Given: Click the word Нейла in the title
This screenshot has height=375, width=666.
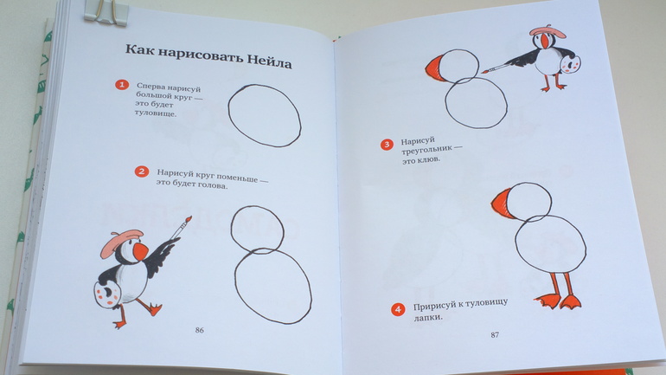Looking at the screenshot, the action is (x=270, y=61).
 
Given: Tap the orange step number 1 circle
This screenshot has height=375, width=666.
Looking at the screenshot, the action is (x=122, y=85).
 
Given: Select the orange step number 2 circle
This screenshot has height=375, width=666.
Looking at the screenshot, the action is (x=142, y=171).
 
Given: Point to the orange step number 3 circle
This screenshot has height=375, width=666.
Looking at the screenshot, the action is (x=387, y=145).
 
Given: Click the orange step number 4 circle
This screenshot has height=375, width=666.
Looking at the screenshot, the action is (x=398, y=309).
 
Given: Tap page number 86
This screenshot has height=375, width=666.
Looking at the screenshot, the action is (x=199, y=330).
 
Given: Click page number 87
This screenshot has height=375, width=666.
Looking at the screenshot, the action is (x=495, y=334).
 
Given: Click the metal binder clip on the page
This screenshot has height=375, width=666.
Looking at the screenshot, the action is (x=105, y=13).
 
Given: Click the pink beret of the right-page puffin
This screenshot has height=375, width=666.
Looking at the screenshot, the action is (x=548, y=31).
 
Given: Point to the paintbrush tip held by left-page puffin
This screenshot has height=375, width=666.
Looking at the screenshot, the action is (x=188, y=219).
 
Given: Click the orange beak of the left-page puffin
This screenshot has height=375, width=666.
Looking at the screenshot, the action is (x=140, y=251).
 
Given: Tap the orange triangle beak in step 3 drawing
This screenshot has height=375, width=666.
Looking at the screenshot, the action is (x=436, y=68).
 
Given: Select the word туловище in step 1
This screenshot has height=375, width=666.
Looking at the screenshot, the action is (x=155, y=113).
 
